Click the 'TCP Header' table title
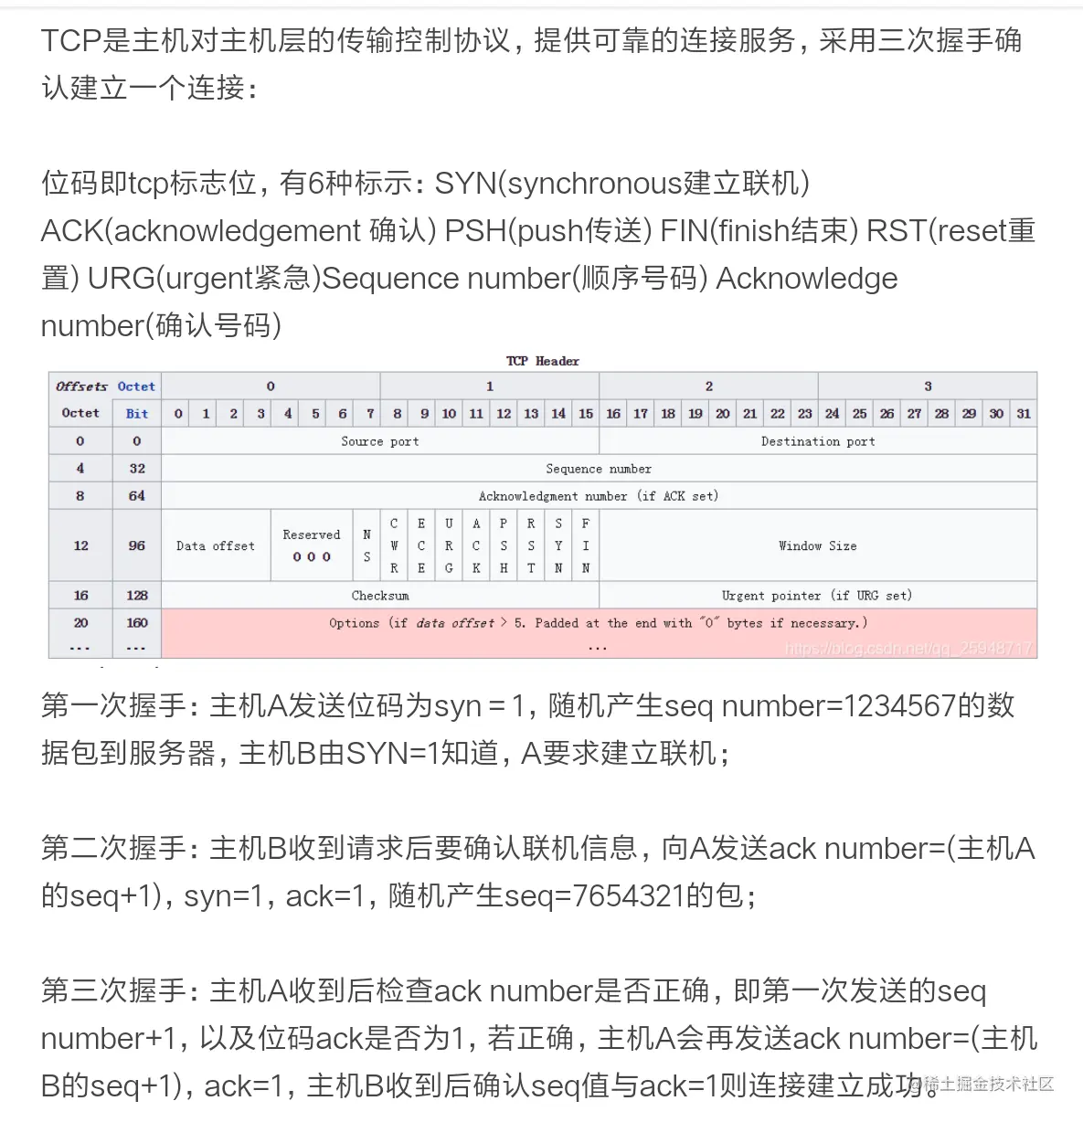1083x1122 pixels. (542, 361)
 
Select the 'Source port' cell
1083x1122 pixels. (379, 441)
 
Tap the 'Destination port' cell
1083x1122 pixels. (817, 441)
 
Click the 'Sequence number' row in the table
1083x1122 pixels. (599, 469)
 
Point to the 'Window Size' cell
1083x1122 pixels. (817, 545)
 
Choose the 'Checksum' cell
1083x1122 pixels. (379, 596)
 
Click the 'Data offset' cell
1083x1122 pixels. (216, 545)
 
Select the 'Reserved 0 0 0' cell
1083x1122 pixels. (312, 545)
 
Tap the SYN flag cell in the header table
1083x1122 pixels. (558, 545)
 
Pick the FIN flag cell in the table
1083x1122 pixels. (586, 545)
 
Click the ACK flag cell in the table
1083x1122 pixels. (476, 545)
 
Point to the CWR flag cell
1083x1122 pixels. (394, 545)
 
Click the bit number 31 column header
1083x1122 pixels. (1024, 414)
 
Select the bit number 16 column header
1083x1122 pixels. (613, 414)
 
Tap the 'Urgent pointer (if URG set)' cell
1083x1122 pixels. (817, 596)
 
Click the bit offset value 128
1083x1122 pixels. (137, 596)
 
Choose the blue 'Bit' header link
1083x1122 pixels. (137, 414)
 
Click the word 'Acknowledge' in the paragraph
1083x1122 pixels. (806, 279)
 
